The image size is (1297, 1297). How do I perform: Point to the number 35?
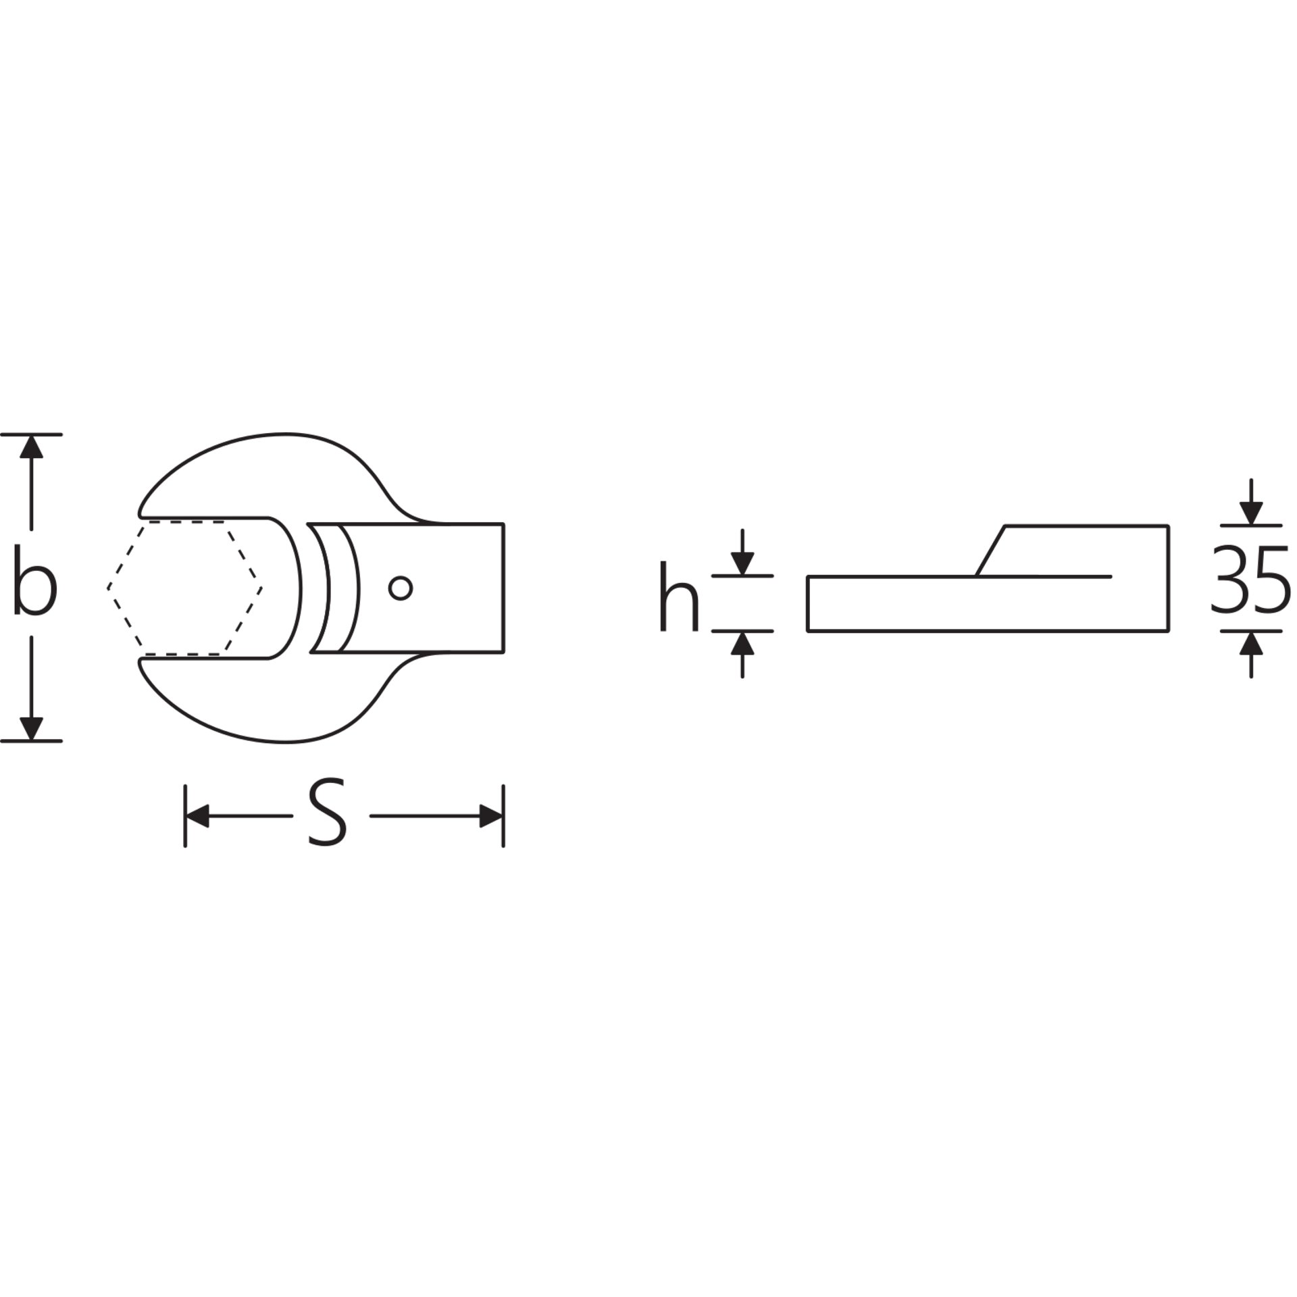click(1250, 580)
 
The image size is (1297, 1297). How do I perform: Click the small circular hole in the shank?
click(401, 588)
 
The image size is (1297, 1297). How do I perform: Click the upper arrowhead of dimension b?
click(31, 447)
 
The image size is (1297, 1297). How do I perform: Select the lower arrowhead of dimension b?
click(31, 728)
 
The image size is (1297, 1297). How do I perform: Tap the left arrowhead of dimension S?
click(197, 816)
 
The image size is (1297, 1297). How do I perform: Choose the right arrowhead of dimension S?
click(491, 816)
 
